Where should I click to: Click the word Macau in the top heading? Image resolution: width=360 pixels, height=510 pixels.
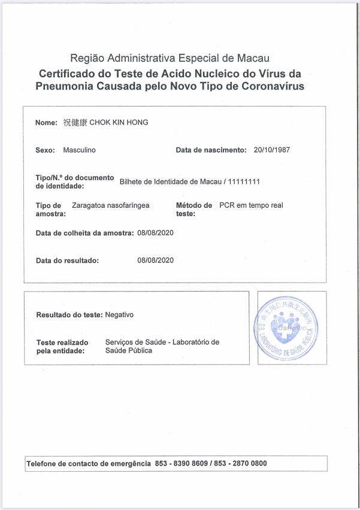point(254,59)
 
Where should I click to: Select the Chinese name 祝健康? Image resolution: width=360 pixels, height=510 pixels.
point(75,123)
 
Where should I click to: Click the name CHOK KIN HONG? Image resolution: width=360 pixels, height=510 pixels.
point(119,123)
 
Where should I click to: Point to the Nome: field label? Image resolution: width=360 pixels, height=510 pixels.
point(47,123)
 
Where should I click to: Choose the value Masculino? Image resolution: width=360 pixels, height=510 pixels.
point(79,150)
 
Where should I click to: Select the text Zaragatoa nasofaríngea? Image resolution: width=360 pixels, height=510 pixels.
point(110,205)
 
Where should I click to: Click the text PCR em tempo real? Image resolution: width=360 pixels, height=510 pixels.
point(251,205)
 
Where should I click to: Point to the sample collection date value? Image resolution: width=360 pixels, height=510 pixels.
point(156,233)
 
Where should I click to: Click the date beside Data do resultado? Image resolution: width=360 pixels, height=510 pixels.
point(156,260)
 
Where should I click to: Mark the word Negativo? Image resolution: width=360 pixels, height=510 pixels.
point(119,314)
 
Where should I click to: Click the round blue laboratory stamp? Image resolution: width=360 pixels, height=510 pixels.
point(286,327)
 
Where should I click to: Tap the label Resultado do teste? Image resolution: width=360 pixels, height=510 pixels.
point(69,314)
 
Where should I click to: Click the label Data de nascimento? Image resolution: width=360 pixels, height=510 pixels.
point(211,150)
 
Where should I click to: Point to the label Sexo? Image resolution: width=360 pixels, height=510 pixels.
point(46,150)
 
